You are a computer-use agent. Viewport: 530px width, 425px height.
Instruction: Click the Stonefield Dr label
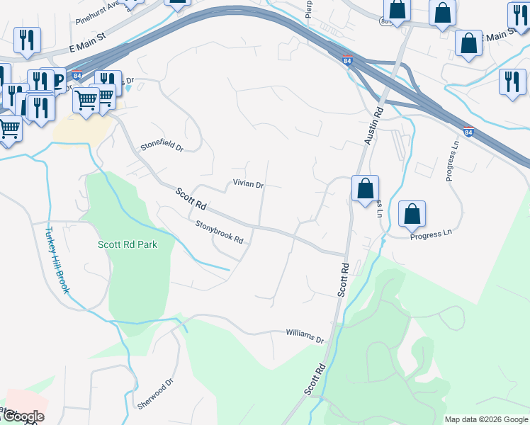pos(162,148)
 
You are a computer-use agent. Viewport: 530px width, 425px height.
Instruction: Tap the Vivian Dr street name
pos(248,184)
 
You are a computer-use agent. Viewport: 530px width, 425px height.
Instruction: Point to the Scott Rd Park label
pos(127,244)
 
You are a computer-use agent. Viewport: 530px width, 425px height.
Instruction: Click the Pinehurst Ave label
pos(99,15)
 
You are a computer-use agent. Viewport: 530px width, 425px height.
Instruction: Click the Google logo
pos(23,416)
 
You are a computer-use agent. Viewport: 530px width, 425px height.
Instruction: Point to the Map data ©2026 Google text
pos(486,419)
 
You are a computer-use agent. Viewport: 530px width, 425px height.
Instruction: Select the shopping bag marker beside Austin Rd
pos(365,189)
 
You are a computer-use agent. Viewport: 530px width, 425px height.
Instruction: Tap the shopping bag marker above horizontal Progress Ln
pos(412,215)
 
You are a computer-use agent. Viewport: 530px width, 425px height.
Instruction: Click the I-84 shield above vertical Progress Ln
pos(468,132)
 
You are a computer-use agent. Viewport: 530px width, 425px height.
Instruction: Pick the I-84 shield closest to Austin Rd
pos(347,62)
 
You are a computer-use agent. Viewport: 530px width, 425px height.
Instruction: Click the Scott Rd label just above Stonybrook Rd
pos(191,199)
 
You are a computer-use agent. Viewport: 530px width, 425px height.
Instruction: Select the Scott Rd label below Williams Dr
pos(315,380)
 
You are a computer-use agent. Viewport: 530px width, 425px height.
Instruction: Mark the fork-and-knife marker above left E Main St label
pos(27,40)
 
